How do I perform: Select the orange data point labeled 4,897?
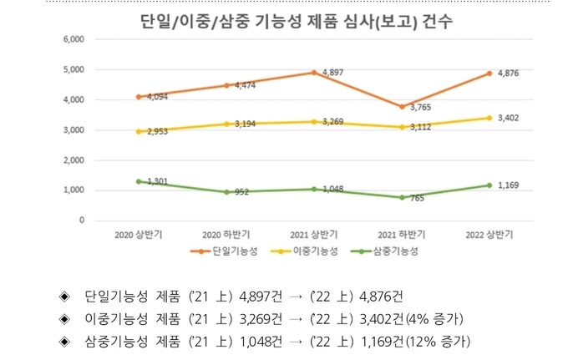(313, 72)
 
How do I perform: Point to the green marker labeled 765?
(401, 197)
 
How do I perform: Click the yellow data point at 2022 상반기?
(489, 118)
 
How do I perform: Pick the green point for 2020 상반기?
(138, 181)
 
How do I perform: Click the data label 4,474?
(245, 85)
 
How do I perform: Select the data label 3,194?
(245, 124)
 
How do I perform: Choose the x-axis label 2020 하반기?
(226, 235)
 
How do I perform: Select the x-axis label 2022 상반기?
(489, 235)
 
